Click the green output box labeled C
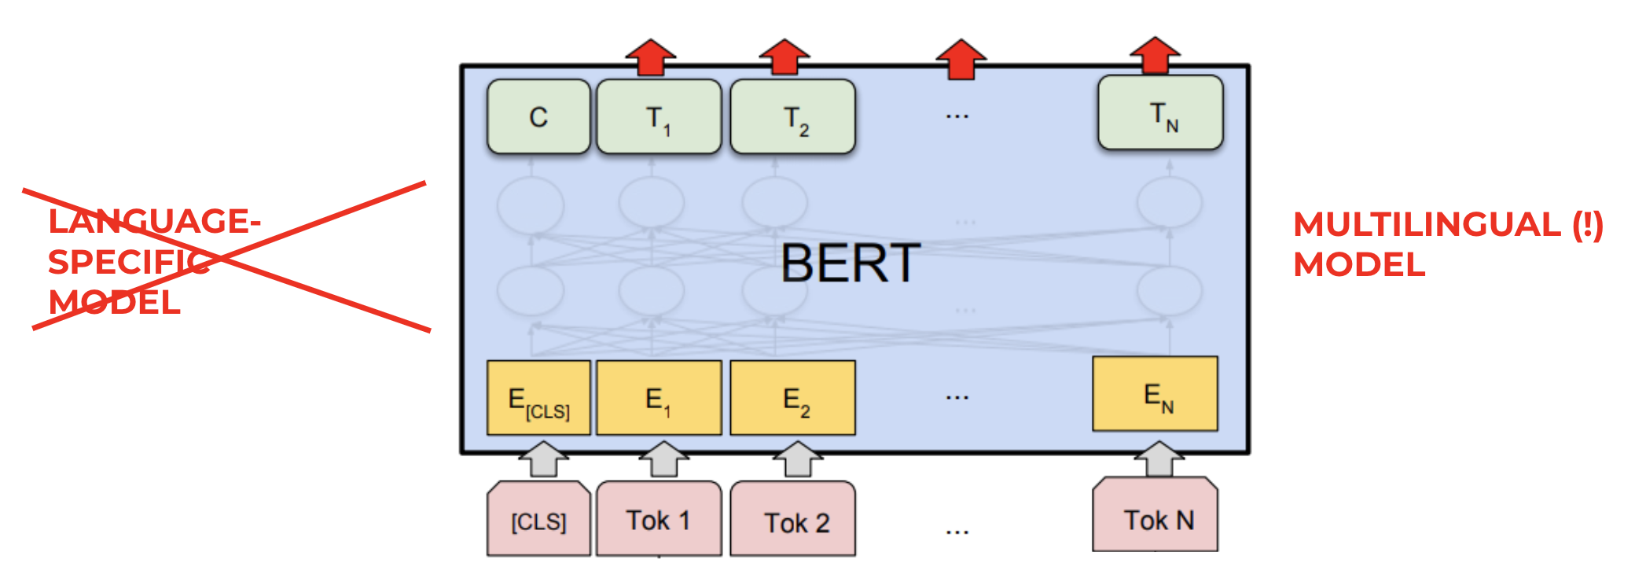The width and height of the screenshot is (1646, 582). (x=538, y=116)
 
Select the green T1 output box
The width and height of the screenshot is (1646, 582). (x=659, y=116)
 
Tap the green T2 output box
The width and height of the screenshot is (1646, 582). (x=792, y=116)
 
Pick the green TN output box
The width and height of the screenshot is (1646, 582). (x=1160, y=112)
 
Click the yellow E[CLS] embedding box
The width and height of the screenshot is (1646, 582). (x=538, y=398)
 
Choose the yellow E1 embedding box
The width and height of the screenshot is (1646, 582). (x=659, y=398)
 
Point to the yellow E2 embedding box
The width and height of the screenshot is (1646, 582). (x=792, y=398)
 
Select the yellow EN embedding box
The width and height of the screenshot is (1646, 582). (x=1155, y=393)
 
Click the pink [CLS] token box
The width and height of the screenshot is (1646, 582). (x=538, y=520)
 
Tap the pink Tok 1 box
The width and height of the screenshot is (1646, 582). (x=659, y=520)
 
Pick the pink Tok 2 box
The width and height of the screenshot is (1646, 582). (x=792, y=520)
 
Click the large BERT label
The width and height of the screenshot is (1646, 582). (x=851, y=263)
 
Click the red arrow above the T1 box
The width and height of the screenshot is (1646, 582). (x=651, y=57)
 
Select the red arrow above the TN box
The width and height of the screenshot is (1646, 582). (x=1155, y=55)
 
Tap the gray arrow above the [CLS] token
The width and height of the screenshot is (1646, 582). (x=543, y=459)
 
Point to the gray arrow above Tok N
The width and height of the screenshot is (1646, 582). (x=1159, y=459)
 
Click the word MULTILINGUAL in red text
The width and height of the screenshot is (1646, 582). (x=1427, y=225)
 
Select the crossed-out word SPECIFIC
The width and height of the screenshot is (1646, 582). (x=129, y=262)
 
